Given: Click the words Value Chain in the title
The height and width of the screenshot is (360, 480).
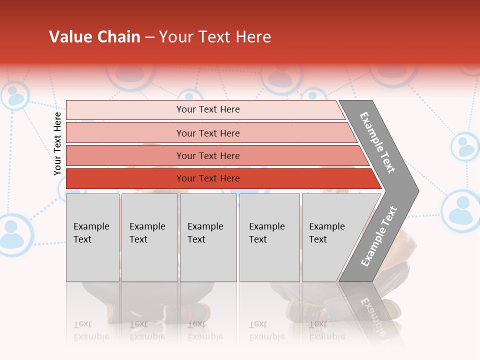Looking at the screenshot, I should point(94,37).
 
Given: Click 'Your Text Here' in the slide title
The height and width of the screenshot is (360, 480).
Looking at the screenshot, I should point(215,37).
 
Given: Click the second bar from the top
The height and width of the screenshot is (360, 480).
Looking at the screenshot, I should point(207,133).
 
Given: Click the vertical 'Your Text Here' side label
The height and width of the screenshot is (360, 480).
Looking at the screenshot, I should point(57,143).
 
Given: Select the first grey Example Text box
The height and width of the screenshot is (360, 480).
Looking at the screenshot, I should point(92,237).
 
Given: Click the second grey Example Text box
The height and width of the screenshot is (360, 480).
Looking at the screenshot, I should point(149,237).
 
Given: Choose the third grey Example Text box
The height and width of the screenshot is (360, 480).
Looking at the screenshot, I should point(208,237).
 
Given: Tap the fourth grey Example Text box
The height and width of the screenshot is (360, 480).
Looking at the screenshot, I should point(269,237).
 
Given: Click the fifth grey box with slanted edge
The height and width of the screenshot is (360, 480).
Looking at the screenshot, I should point(330,237).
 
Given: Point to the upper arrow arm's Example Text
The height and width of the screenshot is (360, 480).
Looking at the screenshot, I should point(378,142).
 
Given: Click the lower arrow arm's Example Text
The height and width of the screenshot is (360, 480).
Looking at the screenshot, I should point(378,236).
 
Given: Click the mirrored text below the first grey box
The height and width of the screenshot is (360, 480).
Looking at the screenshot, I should point(91,330).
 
